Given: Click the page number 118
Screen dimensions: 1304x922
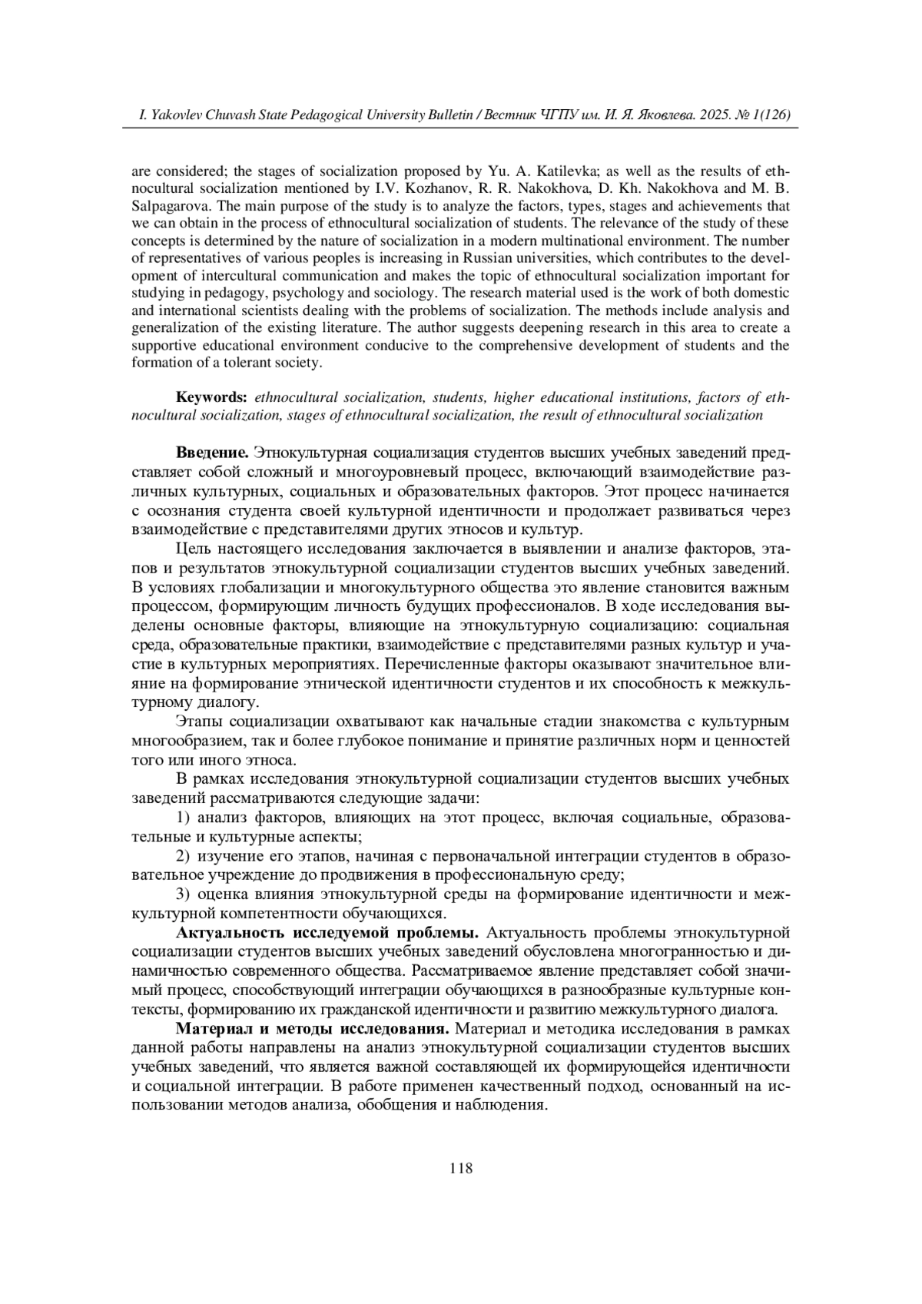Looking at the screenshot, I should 461,1168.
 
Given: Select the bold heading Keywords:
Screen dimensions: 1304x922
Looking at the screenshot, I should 211,397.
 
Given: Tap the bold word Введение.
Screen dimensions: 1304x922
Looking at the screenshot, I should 212,452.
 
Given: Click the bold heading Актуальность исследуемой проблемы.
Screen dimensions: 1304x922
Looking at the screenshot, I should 328,933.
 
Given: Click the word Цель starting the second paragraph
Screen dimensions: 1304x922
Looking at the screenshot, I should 192,548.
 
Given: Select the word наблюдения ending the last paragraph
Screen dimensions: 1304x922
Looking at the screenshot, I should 506,1106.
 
